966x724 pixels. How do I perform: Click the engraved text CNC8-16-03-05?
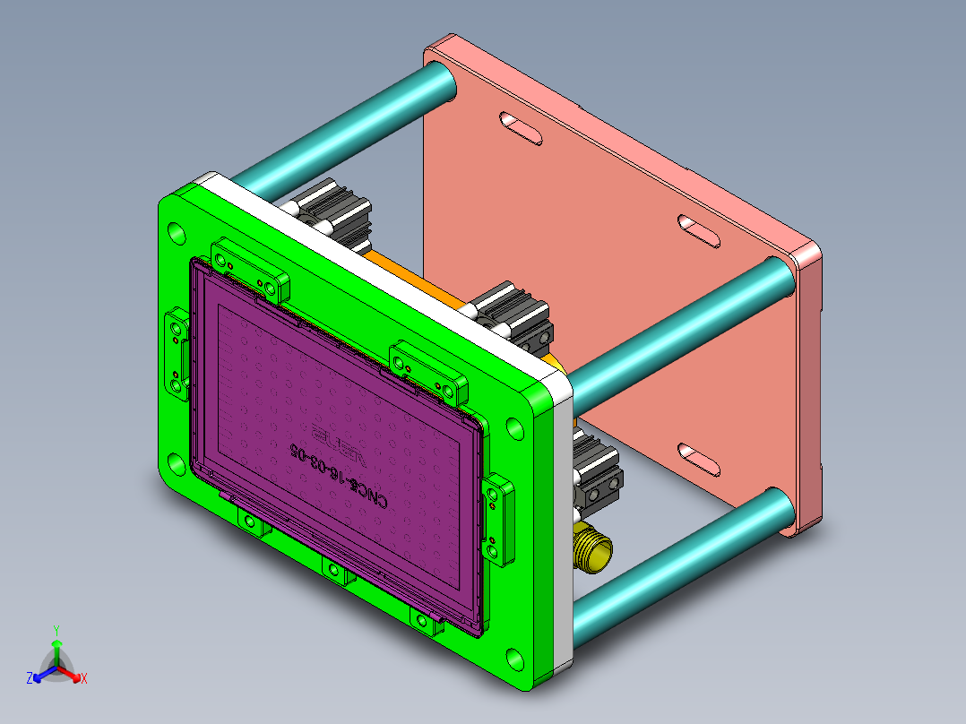337,476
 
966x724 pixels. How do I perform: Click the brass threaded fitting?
592,547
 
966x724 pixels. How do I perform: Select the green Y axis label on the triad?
56,630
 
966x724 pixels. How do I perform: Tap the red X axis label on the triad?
84,679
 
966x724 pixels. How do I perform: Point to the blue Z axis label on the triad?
30,679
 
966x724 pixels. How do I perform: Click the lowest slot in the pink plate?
698,459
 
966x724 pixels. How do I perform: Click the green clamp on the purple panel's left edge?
177,354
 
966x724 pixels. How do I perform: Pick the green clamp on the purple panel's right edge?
498,520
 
